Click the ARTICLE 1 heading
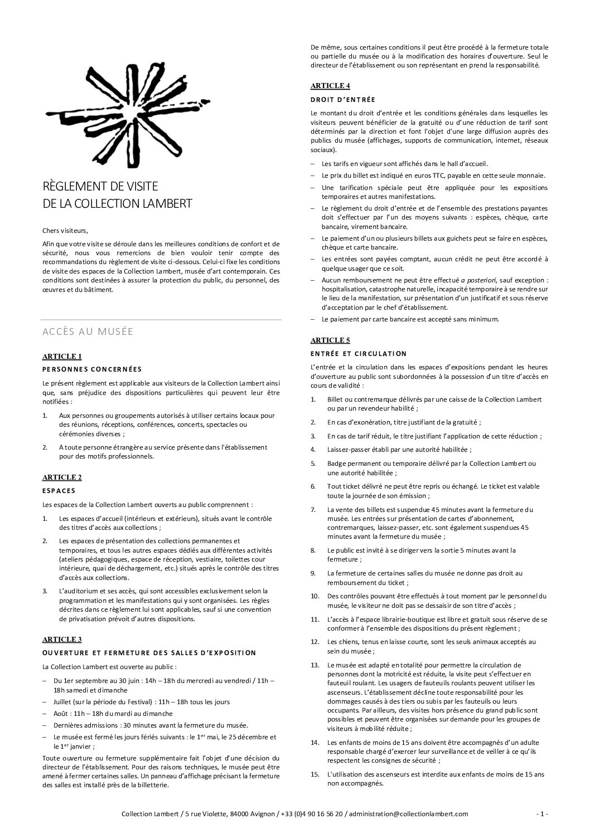tap(62, 357)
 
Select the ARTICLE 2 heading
tap(62, 477)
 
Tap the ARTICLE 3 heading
tap(62, 639)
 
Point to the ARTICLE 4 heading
tap(330, 86)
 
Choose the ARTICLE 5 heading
tap(330, 340)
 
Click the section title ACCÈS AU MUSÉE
tap(88, 332)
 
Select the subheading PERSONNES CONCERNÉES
tap(92, 369)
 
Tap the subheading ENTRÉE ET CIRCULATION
tap(359, 354)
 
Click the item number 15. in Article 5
tap(315, 774)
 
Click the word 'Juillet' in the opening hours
tap(63, 702)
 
